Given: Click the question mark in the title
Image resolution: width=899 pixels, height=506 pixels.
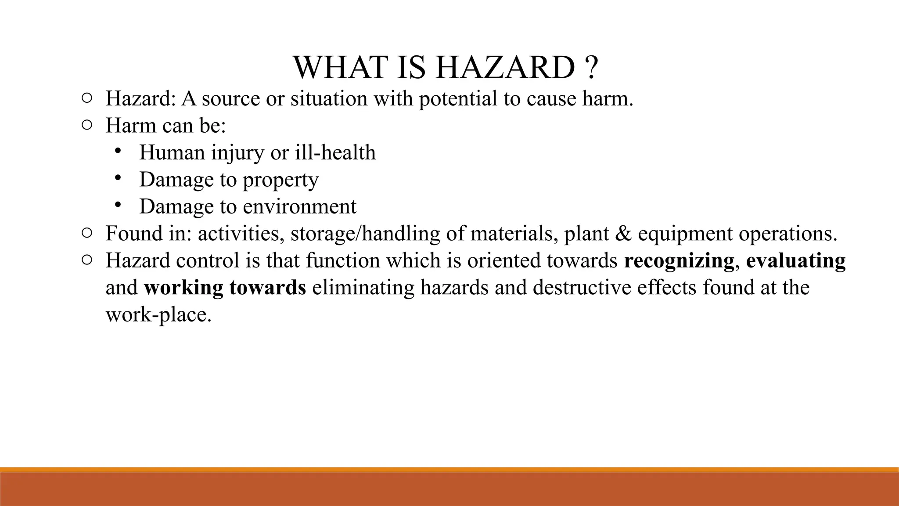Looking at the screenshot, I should tap(591, 68).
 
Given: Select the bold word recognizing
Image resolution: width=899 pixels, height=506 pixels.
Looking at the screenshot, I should tap(679, 260).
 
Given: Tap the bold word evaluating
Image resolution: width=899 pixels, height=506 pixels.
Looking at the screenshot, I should tap(795, 260).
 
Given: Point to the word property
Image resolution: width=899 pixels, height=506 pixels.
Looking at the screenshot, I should tap(280, 180).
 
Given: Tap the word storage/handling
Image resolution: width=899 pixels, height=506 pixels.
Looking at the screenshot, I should tap(365, 234).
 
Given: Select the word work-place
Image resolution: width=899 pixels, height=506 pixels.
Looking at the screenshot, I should tap(158, 315).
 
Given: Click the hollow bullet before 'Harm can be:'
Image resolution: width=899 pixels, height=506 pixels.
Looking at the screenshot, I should tap(86, 126).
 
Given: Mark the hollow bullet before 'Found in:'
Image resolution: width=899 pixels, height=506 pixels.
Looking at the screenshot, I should tap(86, 233).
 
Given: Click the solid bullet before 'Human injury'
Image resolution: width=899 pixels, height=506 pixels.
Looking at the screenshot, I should tap(117, 151).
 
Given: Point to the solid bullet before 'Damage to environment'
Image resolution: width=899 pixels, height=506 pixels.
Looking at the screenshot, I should tap(117, 205).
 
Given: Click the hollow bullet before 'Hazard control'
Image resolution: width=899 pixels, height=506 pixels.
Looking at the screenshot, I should tap(86, 260).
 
